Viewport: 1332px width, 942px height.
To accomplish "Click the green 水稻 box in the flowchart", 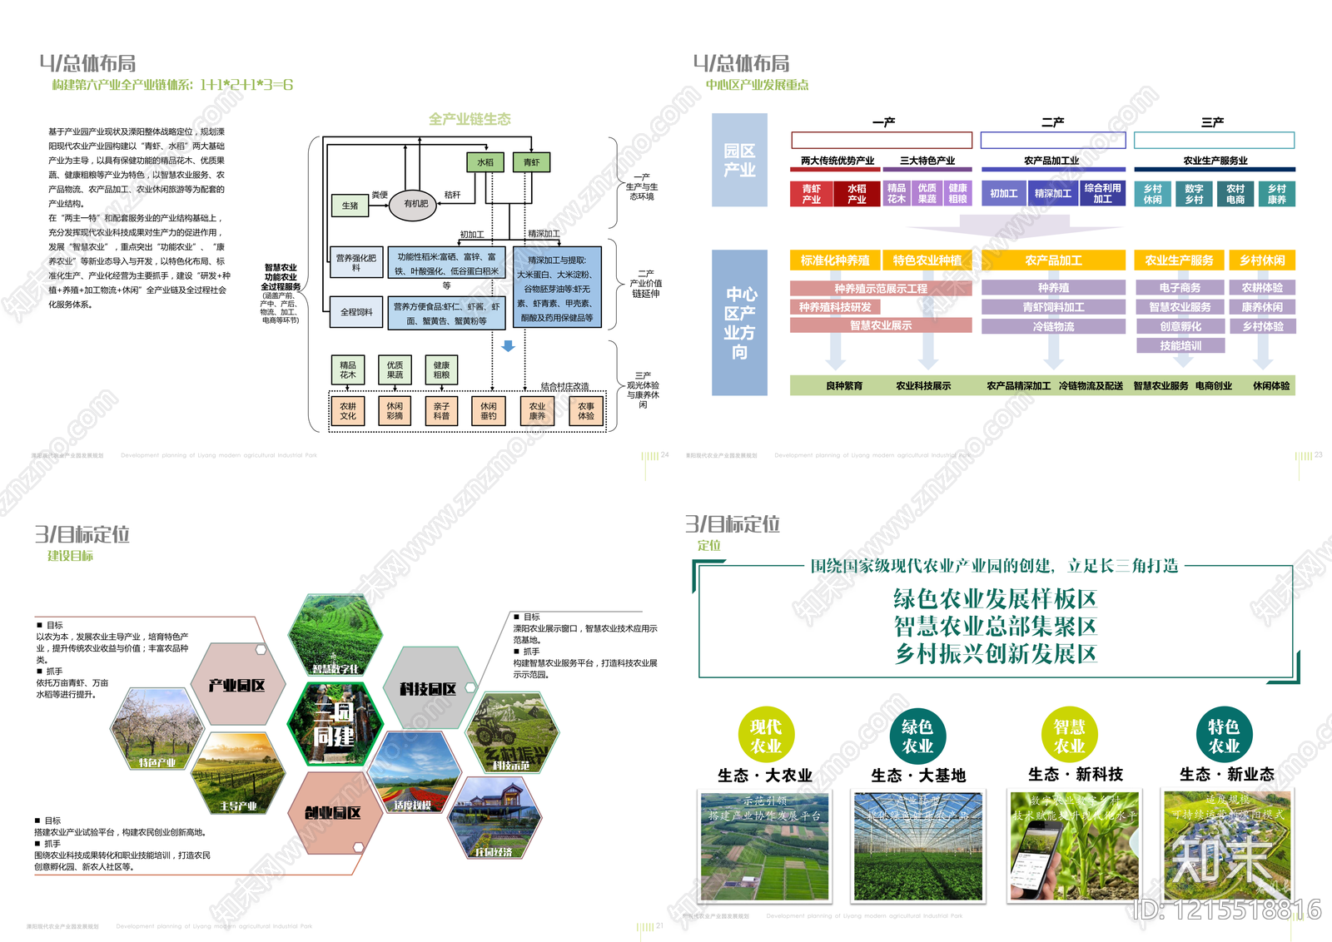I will point(485,162).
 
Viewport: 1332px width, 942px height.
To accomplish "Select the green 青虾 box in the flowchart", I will point(531,162).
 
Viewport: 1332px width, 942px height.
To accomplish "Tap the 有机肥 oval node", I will point(415,204).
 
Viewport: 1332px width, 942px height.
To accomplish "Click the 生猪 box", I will point(350,206).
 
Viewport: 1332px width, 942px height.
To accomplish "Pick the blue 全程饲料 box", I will point(356,312).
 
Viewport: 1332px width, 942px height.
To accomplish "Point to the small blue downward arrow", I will point(509,345).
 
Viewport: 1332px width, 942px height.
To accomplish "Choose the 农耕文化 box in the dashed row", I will point(348,411).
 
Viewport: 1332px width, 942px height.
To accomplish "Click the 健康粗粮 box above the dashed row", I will point(441,369).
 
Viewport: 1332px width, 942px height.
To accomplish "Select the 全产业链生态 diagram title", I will point(470,119).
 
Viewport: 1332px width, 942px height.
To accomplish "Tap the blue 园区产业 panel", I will point(739,160).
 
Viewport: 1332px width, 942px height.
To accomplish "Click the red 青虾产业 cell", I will point(812,194).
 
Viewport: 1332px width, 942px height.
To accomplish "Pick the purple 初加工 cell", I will point(1003,194).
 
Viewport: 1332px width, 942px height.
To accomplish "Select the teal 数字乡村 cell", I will point(1194,194).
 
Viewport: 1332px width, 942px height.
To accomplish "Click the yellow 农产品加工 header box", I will point(1053,260).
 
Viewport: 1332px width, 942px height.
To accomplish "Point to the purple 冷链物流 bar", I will point(1053,326).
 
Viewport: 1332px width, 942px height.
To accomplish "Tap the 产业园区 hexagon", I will point(237,686).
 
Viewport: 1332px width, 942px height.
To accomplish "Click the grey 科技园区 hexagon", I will point(428,689).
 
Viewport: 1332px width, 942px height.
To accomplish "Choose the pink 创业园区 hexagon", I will point(333,812).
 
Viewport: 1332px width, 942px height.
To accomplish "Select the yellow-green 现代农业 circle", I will point(766,736).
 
